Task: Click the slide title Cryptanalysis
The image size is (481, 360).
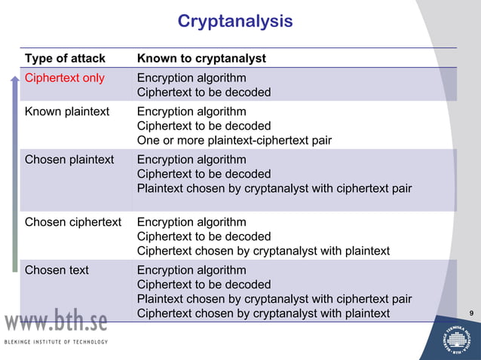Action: (234, 21)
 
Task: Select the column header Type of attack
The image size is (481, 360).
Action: (65, 58)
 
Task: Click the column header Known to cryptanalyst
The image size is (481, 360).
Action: (201, 58)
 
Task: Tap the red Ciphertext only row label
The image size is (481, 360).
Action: (65, 78)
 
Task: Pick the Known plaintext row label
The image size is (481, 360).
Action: (67, 111)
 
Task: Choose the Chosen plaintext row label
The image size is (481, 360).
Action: (69, 160)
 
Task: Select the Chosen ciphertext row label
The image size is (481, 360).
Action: (73, 222)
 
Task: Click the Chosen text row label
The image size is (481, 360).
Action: (57, 270)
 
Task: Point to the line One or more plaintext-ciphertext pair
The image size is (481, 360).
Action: (234, 140)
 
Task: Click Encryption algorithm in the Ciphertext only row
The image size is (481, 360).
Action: (191, 78)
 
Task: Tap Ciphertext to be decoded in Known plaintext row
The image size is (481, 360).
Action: (204, 126)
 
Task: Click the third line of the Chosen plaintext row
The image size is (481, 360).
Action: (274, 188)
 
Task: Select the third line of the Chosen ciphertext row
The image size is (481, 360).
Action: (263, 251)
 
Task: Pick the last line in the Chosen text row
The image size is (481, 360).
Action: (263, 313)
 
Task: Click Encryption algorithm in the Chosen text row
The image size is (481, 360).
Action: (191, 270)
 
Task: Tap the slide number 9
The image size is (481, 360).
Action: (470, 313)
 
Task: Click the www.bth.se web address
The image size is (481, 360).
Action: (57, 322)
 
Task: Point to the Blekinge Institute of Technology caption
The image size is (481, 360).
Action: (57, 342)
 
